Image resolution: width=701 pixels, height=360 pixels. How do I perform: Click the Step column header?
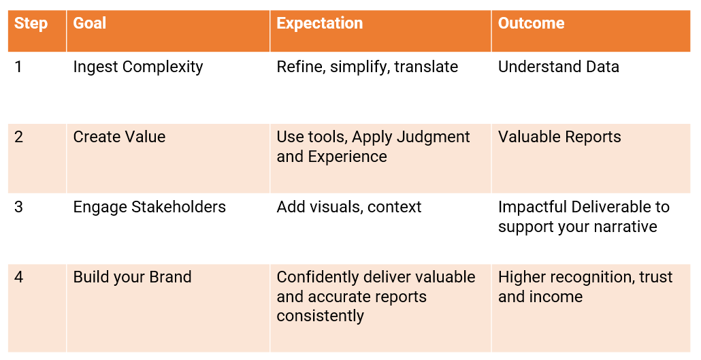tap(31, 23)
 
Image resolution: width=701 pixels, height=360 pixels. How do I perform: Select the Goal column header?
tap(89, 23)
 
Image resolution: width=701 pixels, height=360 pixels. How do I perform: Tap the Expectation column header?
tap(320, 23)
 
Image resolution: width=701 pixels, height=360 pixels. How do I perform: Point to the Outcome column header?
tap(531, 23)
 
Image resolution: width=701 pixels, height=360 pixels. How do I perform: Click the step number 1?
tap(18, 67)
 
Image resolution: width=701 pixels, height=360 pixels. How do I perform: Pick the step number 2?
tap(18, 137)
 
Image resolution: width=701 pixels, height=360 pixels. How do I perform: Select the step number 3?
tap(18, 207)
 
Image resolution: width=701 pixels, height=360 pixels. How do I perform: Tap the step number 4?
tap(18, 277)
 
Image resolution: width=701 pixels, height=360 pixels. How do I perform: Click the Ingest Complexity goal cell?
tap(138, 67)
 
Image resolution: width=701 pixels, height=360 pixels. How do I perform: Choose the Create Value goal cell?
tap(119, 137)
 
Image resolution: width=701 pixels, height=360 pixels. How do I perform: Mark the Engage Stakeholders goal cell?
tap(149, 208)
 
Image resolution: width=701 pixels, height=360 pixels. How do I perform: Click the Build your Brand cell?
tap(132, 277)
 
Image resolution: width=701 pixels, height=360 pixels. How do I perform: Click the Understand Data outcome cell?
tap(558, 67)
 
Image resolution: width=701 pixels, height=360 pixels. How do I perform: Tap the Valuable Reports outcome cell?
tap(559, 137)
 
